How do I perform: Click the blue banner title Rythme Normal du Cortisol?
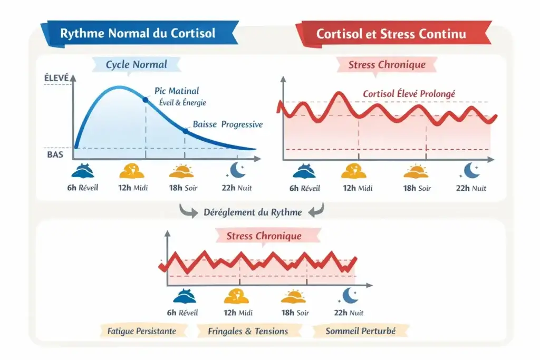click(x=138, y=33)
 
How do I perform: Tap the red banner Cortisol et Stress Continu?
click(x=391, y=34)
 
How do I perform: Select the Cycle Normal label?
click(x=136, y=65)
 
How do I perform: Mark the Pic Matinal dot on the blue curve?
click(x=145, y=99)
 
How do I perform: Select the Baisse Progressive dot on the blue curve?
click(x=185, y=130)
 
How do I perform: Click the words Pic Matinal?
click(x=177, y=91)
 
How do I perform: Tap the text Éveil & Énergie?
click(x=182, y=103)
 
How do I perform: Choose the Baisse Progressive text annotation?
click(x=227, y=124)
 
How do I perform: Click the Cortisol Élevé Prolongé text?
click(x=409, y=94)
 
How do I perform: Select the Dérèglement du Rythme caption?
click(x=253, y=212)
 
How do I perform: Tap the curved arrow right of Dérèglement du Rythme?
click(x=315, y=211)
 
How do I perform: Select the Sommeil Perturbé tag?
click(x=360, y=331)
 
